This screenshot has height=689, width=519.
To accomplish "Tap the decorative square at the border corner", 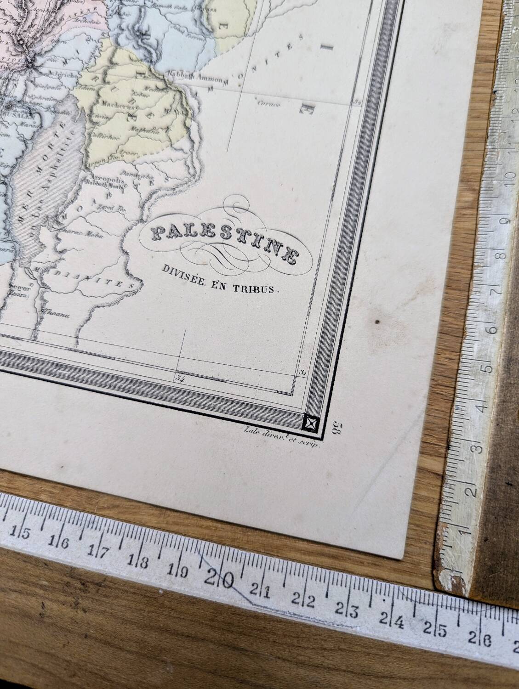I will click(x=311, y=422).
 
